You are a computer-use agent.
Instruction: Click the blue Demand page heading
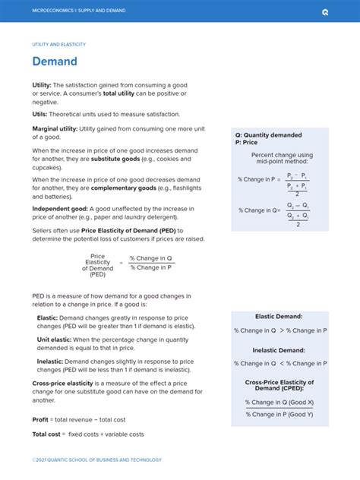click(54, 61)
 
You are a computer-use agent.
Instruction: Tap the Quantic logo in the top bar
click(325, 11)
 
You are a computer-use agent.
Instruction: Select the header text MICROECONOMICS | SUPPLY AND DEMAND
click(79, 11)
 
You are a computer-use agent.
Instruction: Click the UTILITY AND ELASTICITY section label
click(58, 44)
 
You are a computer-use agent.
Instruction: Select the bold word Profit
click(40, 418)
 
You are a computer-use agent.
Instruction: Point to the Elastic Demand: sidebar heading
click(279, 316)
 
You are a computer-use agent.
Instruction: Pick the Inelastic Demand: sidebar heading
click(279, 350)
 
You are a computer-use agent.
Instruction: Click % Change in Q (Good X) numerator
click(279, 402)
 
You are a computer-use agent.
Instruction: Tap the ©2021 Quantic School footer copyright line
click(96, 459)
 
